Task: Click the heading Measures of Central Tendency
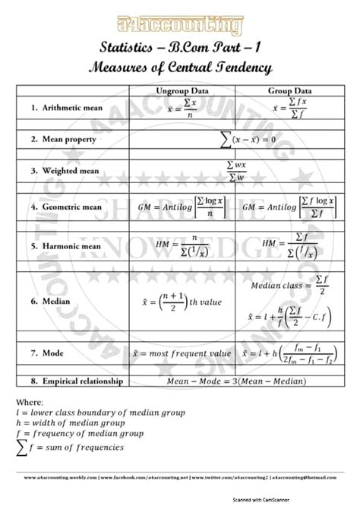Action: [180, 68]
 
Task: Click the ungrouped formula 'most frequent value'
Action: [187, 353]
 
